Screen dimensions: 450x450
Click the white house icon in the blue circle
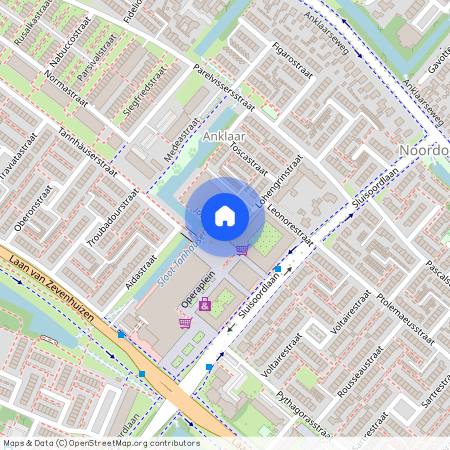click(224, 215)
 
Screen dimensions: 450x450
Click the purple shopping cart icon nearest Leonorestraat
click(242, 249)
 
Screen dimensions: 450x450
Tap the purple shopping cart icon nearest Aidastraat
click(184, 322)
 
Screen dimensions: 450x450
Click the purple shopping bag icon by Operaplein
click(205, 304)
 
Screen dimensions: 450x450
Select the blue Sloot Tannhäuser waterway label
click(181, 258)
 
